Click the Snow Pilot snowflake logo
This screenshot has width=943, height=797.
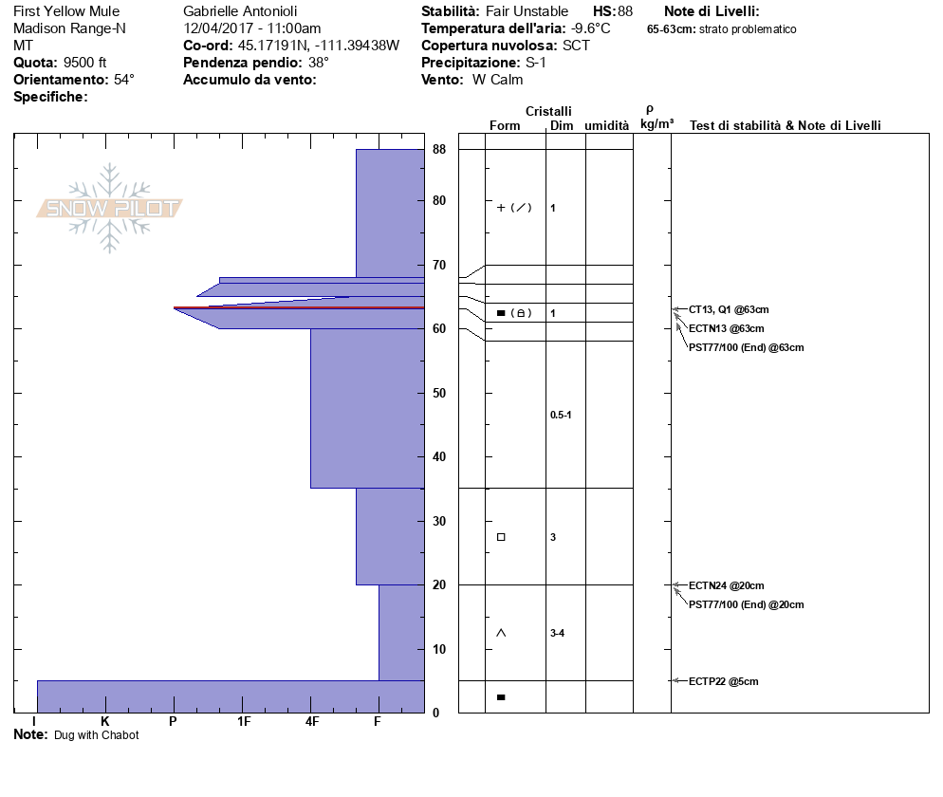click(x=109, y=208)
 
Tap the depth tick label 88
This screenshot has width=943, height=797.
click(x=439, y=149)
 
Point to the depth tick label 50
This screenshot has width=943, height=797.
click(x=439, y=393)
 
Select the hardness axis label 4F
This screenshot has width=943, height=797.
click(x=311, y=721)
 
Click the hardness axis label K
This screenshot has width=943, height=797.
click(x=104, y=721)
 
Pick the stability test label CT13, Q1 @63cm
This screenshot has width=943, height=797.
click(x=729, y=309)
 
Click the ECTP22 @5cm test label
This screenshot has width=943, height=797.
click(x=724, y=681)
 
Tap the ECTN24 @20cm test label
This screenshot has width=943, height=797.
click(x=727, y=585)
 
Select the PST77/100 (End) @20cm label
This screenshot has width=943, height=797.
click(x=747, y=604)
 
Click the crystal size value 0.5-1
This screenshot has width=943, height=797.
click(x=561, y=415)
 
